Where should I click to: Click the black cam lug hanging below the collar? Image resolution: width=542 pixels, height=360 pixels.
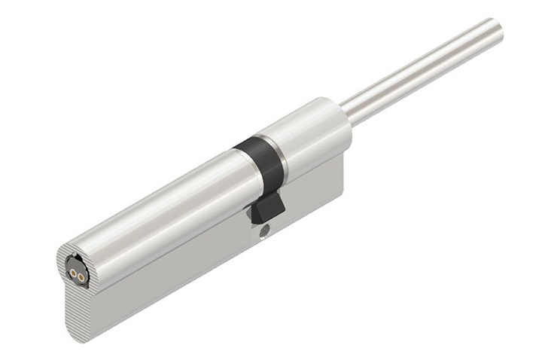coord(268,205)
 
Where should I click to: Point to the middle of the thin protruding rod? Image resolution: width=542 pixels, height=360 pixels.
coord(422,71)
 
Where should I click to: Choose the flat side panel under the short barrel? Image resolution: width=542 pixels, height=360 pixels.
coord(316,188)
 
